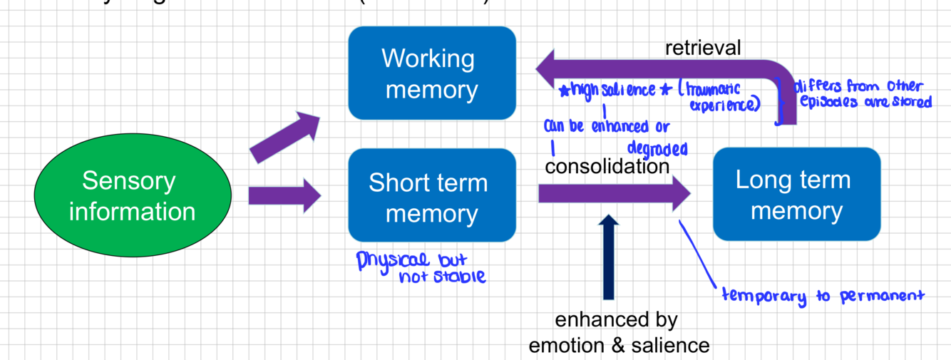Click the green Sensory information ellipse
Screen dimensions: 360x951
click(133, 196)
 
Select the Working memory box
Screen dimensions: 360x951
click(431, 73)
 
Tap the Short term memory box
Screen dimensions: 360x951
click(431, 195)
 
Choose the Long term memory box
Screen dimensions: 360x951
click(796, 194)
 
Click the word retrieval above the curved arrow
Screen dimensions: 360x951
click(703, 48)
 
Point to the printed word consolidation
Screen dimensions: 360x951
click(607, 166)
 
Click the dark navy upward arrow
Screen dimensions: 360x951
click(608, 257)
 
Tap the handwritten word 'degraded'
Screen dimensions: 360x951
click(657, 148)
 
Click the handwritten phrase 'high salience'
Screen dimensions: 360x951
click(612, 90)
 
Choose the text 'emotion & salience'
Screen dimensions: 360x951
click(618, 346)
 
